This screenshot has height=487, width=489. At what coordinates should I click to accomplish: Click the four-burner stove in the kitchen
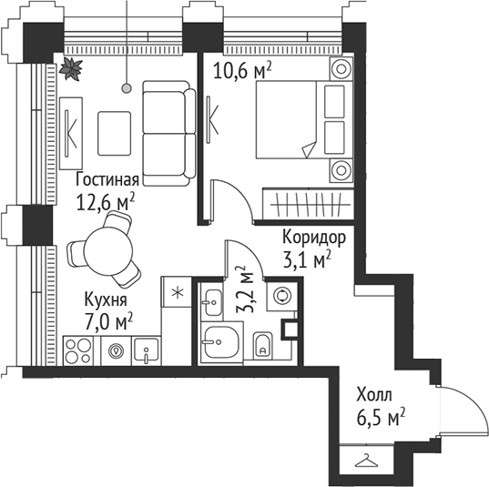pos(80,349)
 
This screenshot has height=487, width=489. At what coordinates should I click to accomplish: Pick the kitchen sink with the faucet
pos(146,349)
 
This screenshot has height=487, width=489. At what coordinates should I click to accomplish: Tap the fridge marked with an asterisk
pos(178,293)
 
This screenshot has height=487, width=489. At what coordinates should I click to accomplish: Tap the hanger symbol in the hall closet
pos(366,461)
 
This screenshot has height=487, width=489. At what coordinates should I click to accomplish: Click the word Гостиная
pos(107,179)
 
